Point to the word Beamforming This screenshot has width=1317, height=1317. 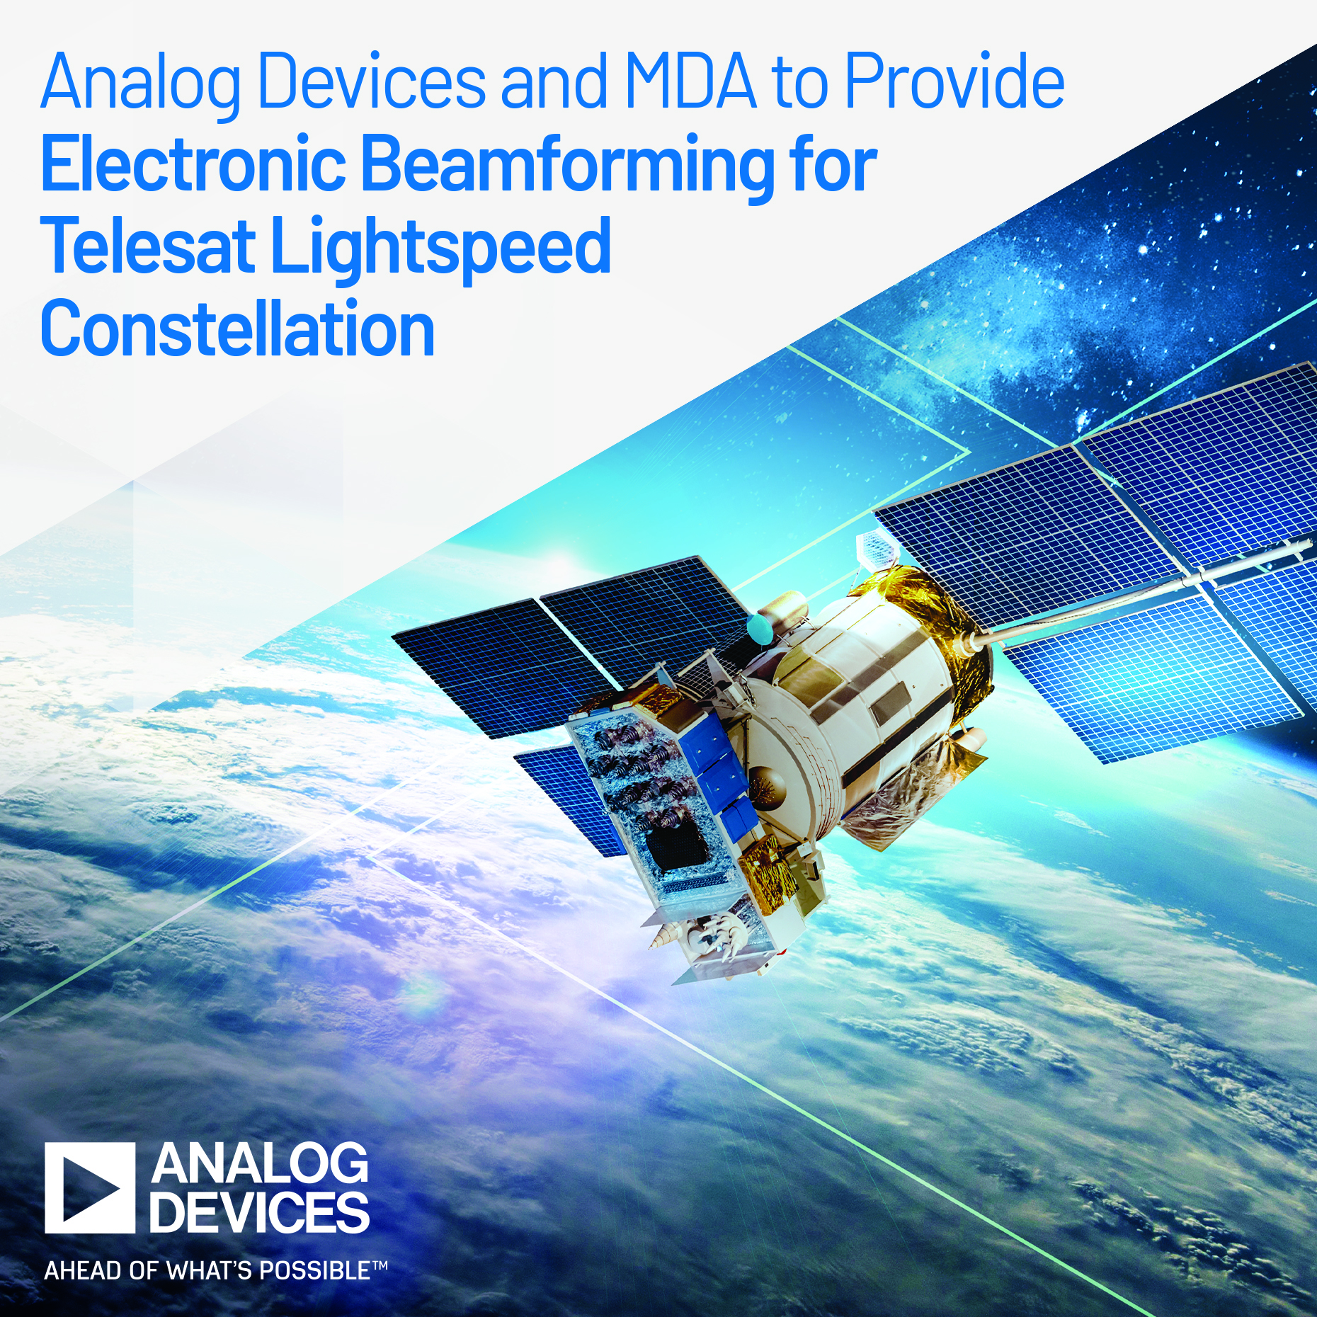[567, 167]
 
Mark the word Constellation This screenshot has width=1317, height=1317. [238, 329]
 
